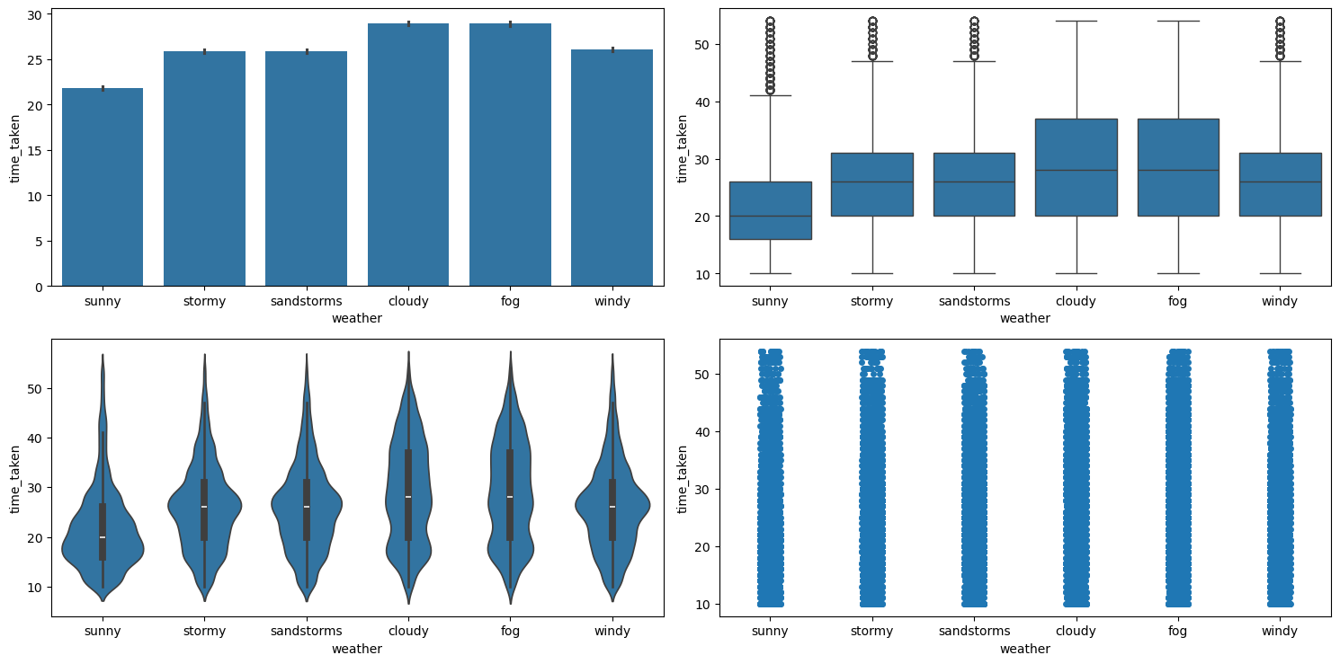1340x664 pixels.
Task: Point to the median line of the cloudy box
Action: pyautogui.click(x=1076, y=170)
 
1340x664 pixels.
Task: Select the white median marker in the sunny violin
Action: pyautogui.click(x=103, y=537)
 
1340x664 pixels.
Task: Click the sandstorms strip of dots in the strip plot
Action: pyautogui.click(x=974, y=476)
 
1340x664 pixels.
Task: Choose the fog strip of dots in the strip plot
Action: pyautogui.click(x=1178, y=476)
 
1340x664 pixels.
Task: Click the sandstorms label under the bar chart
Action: pyautogui.click(x=306, y=301)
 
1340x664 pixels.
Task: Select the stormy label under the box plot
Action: pyautogui.click(x=871, y=301)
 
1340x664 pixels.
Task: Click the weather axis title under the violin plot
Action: pyautogui.click(x=357, y=649)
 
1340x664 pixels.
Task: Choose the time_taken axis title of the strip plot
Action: pyautogui.click(x=683, y=478)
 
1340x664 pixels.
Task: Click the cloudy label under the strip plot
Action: pyautogui.click(x=1076, y=631)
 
